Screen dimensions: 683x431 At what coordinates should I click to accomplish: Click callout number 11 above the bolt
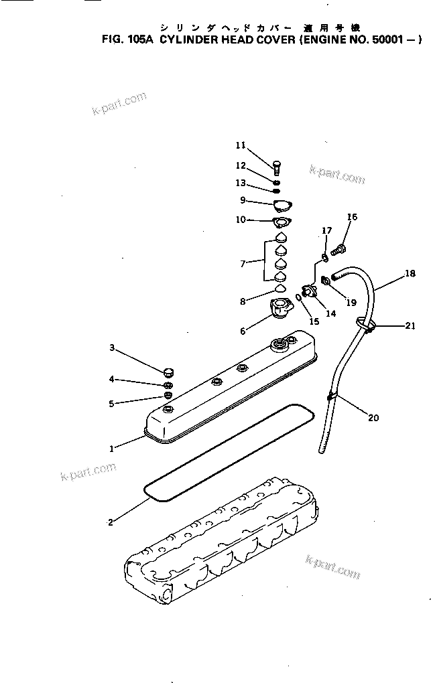click(x=241, y=145)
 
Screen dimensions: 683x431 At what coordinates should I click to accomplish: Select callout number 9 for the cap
click(x=242, y=200)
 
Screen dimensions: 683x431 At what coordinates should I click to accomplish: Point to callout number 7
click(x=242, y=264)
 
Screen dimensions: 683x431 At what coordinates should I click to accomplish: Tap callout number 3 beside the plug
click(x=113, y=348)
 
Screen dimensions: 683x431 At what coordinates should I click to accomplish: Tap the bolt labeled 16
click(x=339, y=250)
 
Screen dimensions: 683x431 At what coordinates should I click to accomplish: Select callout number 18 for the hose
click(x=410, y=273)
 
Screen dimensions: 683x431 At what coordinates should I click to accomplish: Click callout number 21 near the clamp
click(x=410, y=326)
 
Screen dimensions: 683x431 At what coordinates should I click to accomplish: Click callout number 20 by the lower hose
click(x=373, y=419)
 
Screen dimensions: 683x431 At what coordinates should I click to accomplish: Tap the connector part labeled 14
click(x=310, y=291)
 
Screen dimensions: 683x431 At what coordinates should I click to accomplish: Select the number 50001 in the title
click(x=389, y=40)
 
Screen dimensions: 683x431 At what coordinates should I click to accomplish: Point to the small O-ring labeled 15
click(x=298, y=298)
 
